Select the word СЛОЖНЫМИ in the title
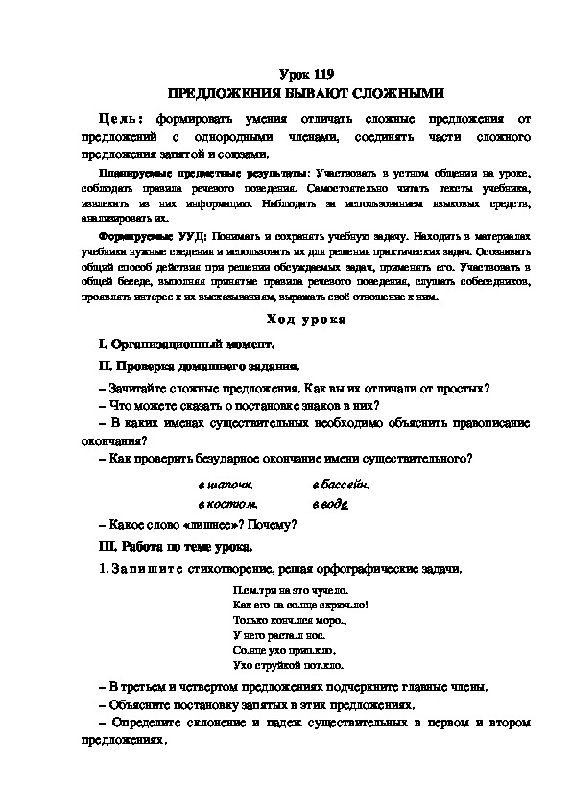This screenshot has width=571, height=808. click(393, 93)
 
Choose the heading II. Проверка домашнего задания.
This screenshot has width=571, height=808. click(199, 366)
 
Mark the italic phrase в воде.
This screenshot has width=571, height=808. click(330, 502)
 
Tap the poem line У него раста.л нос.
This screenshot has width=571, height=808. click(279, 634)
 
